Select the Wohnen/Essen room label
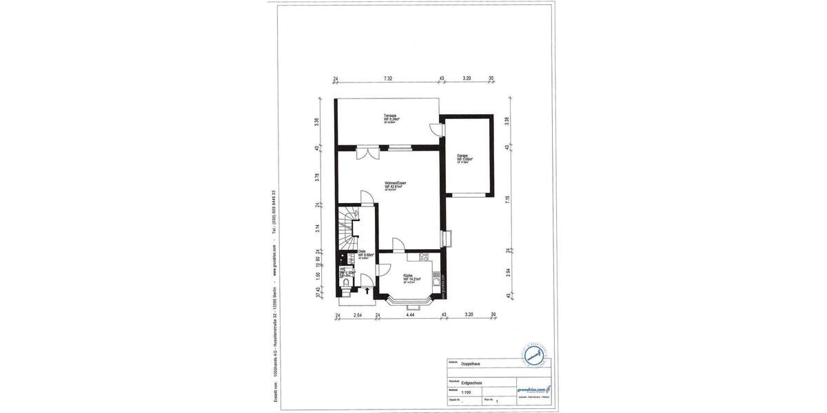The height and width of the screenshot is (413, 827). (396, 184)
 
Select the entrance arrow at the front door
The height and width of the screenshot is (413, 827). (367, 292)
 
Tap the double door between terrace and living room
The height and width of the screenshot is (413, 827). (366, 152)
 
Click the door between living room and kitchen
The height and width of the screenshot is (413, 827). (398, 244)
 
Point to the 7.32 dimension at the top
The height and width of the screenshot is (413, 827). (388, 79)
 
